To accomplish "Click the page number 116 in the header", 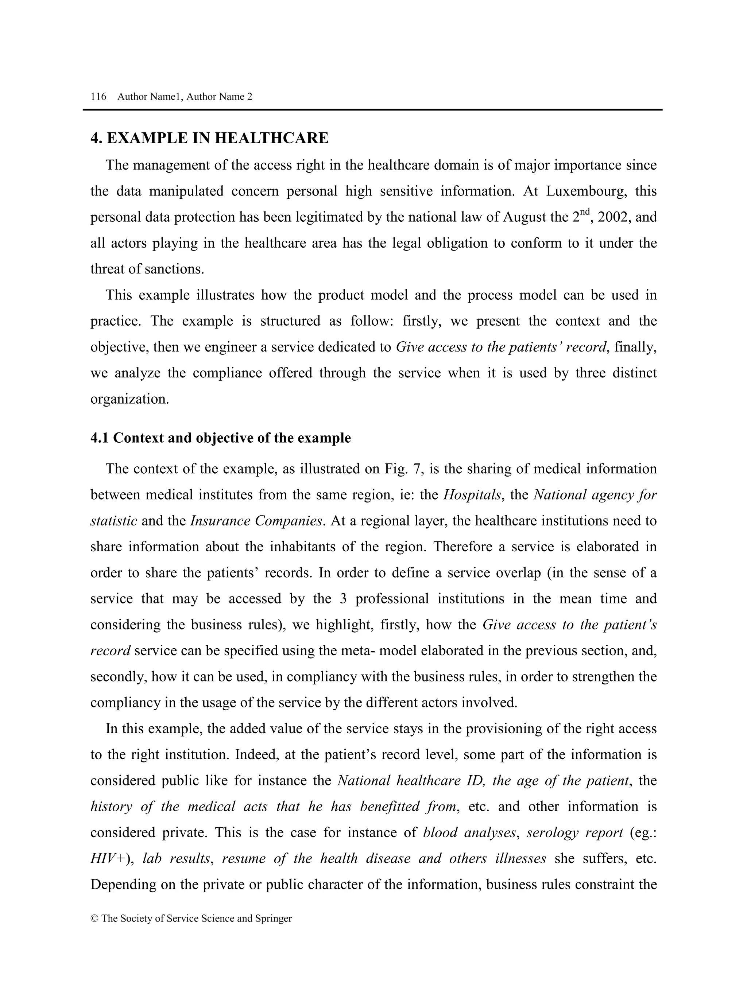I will pos(98,97).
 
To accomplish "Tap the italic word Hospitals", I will pos(472,495).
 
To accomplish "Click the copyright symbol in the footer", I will pos(94,919).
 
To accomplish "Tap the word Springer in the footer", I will pos(273,919).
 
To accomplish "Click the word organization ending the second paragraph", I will pos(129,399).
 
